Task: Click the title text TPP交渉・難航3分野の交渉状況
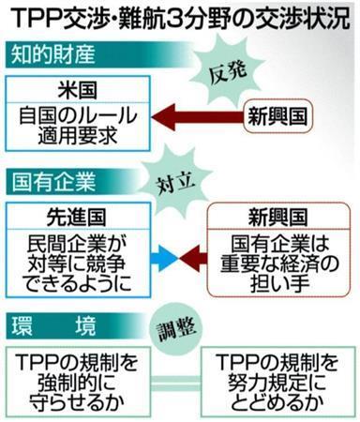180,17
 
